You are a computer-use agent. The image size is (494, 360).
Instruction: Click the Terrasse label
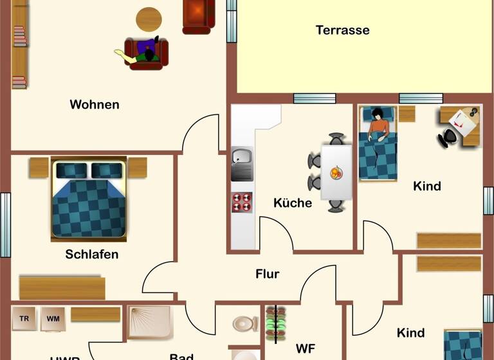point(342,30)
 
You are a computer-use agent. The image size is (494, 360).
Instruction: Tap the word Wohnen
point(95,105)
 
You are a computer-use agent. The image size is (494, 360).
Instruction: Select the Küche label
point(293,203)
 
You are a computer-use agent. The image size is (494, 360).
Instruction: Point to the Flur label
point(267,274)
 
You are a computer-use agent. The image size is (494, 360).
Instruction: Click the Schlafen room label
point(92,255)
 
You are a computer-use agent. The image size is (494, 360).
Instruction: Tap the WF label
point(305,349)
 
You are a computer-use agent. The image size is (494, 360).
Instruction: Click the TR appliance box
point(24,318)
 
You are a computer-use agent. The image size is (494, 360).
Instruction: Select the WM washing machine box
point(52,318)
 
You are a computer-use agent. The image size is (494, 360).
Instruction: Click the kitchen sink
point(242,157)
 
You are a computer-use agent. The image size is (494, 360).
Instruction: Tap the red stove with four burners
point(242,203)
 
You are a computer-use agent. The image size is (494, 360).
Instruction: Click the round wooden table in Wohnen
point(149,20)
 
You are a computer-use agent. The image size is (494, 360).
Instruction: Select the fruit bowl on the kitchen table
point(336,172)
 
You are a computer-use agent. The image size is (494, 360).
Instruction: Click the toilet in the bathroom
point(244,323)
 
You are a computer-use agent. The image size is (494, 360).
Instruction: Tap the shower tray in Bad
point(150,322)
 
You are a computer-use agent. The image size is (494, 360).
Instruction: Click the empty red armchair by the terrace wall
point(198,15)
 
